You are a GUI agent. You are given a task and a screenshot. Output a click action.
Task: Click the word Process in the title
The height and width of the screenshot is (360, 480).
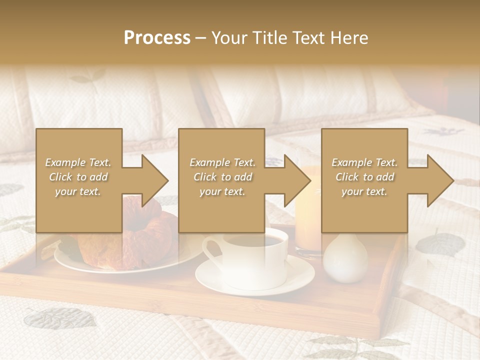coord(157,38)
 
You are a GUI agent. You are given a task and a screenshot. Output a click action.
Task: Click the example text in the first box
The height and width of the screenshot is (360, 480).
coord(78,177)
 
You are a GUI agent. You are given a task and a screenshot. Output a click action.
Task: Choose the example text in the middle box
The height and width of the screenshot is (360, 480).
coord(222,177)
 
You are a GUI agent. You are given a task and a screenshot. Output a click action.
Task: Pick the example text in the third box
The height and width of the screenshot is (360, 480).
coord(364,177)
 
